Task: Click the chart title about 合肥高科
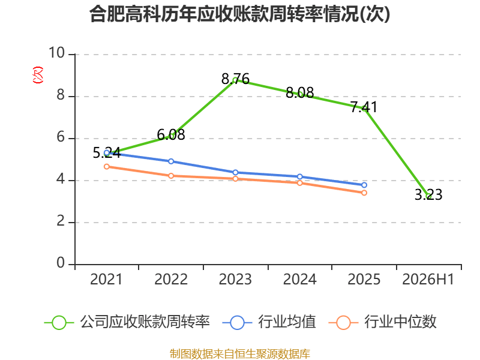239,14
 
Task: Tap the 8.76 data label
235,79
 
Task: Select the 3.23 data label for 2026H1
428,194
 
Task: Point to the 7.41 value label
364,107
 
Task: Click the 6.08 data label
171,134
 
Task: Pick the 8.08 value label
299,92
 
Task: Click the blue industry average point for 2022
171,161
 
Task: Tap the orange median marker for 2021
107,167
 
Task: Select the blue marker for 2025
364,185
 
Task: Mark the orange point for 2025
364,193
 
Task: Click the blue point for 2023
235,173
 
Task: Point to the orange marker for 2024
299,183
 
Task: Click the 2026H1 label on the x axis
428,279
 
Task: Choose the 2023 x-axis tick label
235,279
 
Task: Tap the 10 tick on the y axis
57,53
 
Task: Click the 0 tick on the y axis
61,263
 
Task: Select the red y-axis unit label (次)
38,75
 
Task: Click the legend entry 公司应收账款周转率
127,322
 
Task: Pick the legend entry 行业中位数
383,322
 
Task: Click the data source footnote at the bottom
240,353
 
